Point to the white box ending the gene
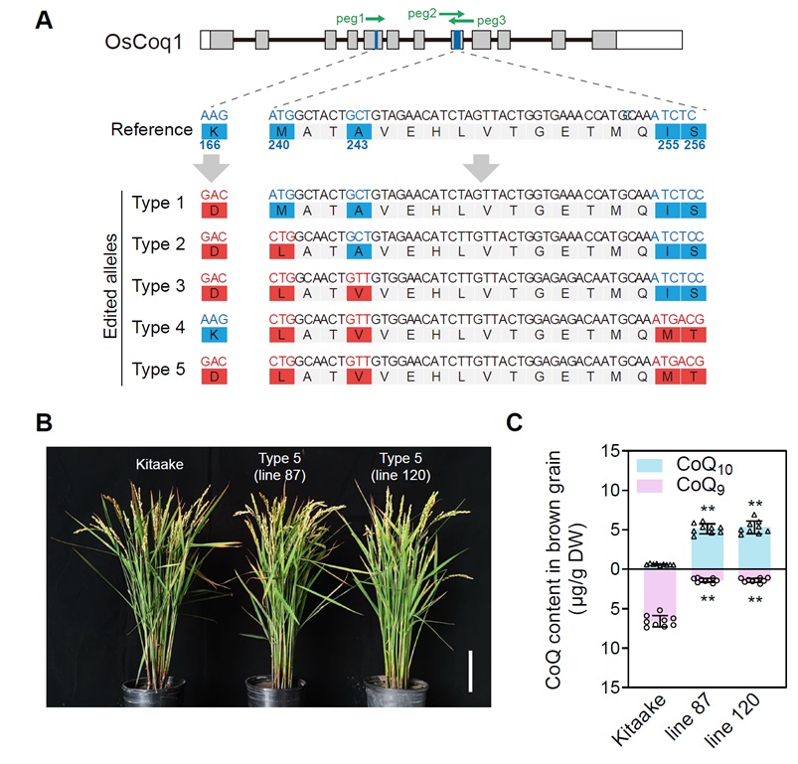point(649,40)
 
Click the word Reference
point(151,130)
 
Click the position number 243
point(358,145)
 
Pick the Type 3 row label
point(158,284)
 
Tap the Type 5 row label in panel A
point(158,368)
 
